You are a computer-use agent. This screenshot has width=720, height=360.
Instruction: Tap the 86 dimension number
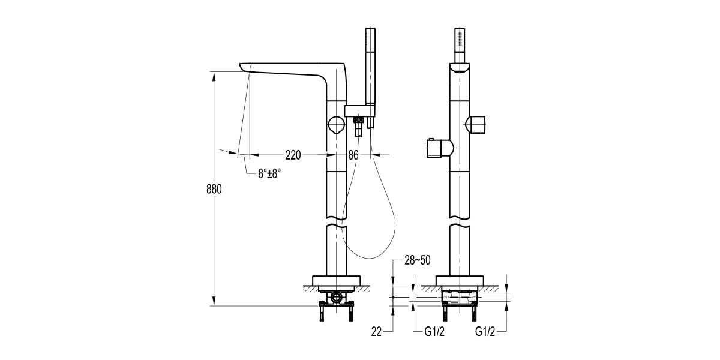coord(353,155)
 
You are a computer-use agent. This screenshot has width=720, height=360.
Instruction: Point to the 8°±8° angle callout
coord(269,173)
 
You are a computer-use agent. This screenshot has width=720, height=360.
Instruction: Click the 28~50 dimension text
coord(416,260)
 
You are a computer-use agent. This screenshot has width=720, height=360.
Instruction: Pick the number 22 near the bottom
coord(377,331)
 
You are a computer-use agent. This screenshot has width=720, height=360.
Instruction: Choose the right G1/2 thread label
coord(486,331)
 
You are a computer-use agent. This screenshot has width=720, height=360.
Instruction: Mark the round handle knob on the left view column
coord(336,126)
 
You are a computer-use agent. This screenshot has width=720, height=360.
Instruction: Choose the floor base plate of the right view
coord(460,281)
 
